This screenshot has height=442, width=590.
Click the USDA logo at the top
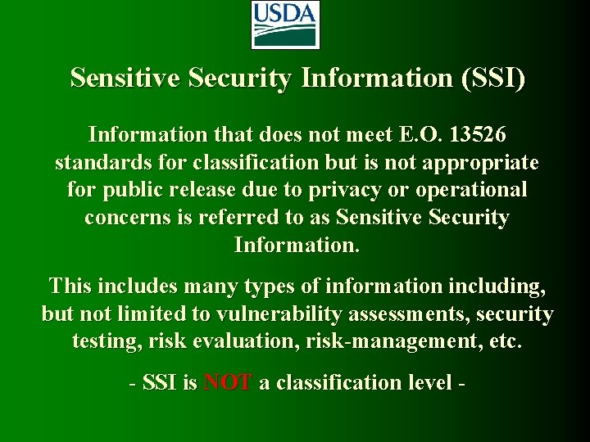click(x=284, y=25)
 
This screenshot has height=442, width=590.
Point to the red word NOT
click(x=228, y=383)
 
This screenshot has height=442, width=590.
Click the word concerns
click(x=126, y=218)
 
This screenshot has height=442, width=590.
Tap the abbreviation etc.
click(x=504, y=341)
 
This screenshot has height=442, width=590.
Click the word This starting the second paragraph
click(x=70, y=286)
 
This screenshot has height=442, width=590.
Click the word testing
click(x=107, y=341)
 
